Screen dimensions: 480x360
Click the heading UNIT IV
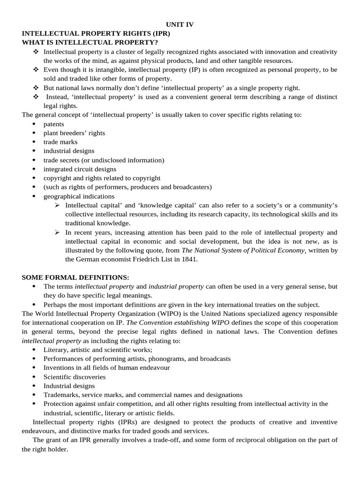(x=180, y=25)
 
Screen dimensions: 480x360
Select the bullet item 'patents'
(x=54, y=124)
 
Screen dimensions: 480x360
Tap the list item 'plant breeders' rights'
(x=74, y=133)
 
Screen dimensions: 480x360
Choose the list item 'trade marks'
(x=60, y=142)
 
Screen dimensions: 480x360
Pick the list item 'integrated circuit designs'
(x=80, y=169)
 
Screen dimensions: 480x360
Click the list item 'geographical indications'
(x=79, y=196)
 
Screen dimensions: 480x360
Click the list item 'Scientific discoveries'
(x=75, y=377)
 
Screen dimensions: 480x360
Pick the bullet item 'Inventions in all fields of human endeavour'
(x=106, y=368)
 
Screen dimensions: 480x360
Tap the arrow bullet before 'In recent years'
(x=57, y=232)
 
